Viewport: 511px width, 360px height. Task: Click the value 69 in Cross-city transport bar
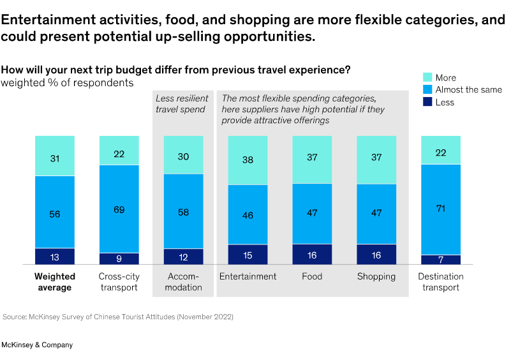pos(119,209)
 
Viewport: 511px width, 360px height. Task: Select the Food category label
pos(312,276)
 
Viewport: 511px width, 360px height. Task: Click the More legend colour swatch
pos(428,77)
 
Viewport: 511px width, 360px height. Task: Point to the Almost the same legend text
pos(469,90)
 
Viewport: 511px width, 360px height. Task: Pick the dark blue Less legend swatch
pos(428,102)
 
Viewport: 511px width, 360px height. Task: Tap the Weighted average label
pos(55,281)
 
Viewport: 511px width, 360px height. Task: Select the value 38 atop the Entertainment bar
pos(248,161)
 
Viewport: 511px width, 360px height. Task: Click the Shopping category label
pos(376,276)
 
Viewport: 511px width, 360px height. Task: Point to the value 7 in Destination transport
pos(440,259)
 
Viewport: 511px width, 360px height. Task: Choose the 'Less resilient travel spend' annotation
pos(181,104)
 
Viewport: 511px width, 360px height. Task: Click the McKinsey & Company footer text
pos(37,345)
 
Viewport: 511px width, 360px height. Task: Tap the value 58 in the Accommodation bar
pos(183,211)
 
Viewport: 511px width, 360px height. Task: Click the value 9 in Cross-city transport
pos(119,259)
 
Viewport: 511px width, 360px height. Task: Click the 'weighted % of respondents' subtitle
pos(67,82)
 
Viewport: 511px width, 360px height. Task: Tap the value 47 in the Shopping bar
pos(376,214)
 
